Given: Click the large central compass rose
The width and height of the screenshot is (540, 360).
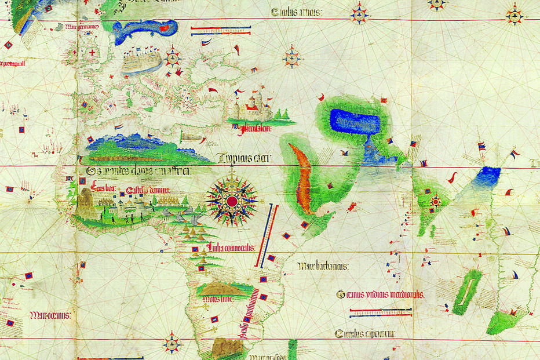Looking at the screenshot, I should pyautogui.click(x=232, y=201).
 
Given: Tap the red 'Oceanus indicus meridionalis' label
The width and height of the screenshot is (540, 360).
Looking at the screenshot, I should pyautogui.click(x=380, y=294).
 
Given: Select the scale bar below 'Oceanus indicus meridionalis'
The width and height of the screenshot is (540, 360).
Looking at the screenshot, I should pyautogui.click(x=381, y=313).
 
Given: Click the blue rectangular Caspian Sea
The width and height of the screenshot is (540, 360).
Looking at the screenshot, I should pyautogui.click(x=355, y=122).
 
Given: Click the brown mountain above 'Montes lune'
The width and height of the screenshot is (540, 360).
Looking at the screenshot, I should pyautogui.click(x=221, y=288).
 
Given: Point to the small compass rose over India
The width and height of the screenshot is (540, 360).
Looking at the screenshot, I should pyautogui.click(x=436, y=202).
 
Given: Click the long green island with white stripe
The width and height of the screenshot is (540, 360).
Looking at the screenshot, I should pyautogui.click(x=467, y=291).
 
